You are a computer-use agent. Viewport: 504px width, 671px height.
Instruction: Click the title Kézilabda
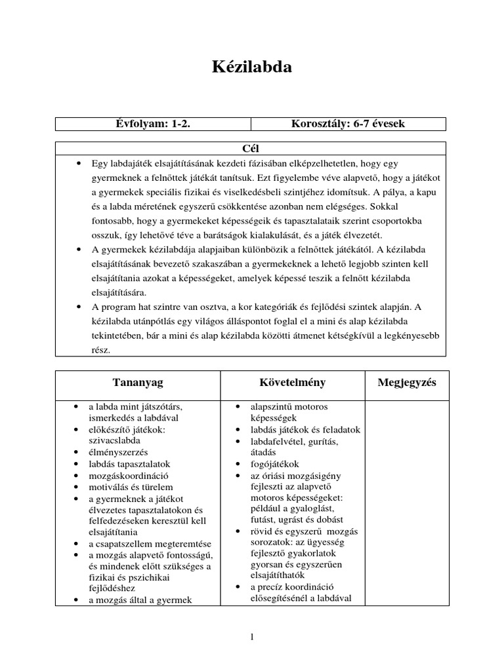[251, 67]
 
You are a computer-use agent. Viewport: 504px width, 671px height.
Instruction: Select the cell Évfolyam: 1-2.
[153, 125]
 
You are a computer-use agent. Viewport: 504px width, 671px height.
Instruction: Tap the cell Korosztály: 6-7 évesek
[348, 125]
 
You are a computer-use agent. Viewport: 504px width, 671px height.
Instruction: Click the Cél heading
[251, 149]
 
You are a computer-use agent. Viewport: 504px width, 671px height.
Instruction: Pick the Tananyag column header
[138, 383]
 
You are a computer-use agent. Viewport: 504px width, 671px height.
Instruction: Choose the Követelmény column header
[292, 383]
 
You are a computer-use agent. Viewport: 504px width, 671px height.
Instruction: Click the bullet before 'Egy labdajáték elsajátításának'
[79, 161]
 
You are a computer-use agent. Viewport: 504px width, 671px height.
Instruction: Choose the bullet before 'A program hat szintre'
[79, 307]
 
